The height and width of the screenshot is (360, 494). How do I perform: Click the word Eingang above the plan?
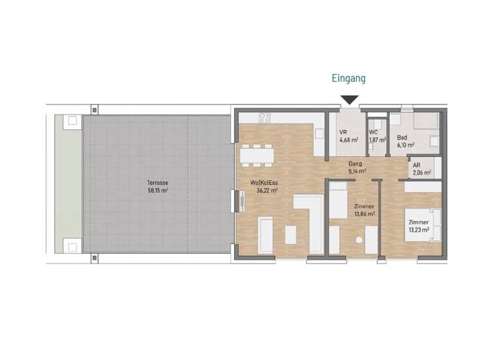click(x=349, y=78)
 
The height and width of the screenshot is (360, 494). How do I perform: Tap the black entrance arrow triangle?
click(x=349, y=100)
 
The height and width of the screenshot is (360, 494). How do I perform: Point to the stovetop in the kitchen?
click(x=265, y=118)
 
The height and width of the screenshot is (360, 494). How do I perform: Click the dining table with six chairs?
click(x=257, y=155)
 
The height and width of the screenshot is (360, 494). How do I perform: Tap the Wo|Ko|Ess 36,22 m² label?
click(x=264, y=187)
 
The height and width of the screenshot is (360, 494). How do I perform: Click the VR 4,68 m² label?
click(x=347, y=137)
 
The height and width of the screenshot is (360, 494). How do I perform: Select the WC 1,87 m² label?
click(x=377, y=137)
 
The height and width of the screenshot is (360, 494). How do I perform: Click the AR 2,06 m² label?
click(x=420, y=168)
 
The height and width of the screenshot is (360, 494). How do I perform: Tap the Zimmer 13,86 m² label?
click(x=365, y=210)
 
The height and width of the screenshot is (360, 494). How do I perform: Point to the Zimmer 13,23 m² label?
click(x=419, y=226)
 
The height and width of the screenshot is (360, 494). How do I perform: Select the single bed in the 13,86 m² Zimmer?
click(x=338, y=199)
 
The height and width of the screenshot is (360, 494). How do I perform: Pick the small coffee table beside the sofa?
click(x=290, y=235)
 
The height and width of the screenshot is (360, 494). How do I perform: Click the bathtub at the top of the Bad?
click(x=425, y=121)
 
